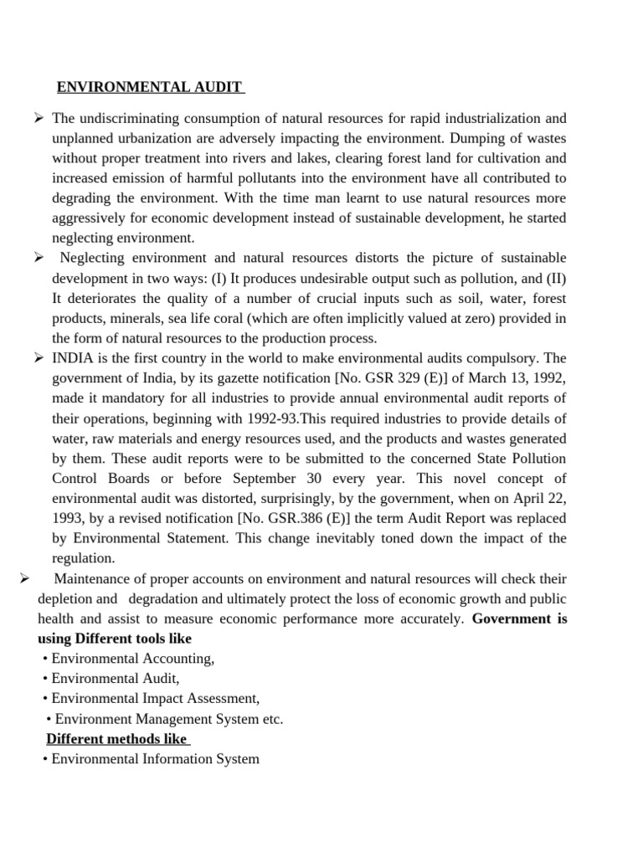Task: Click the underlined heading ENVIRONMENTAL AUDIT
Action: [x=150, y=87]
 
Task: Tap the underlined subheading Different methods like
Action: [x=118, y=739]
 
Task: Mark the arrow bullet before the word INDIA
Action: [x=39, y=358]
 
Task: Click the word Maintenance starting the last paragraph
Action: [x=93, y=579]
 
